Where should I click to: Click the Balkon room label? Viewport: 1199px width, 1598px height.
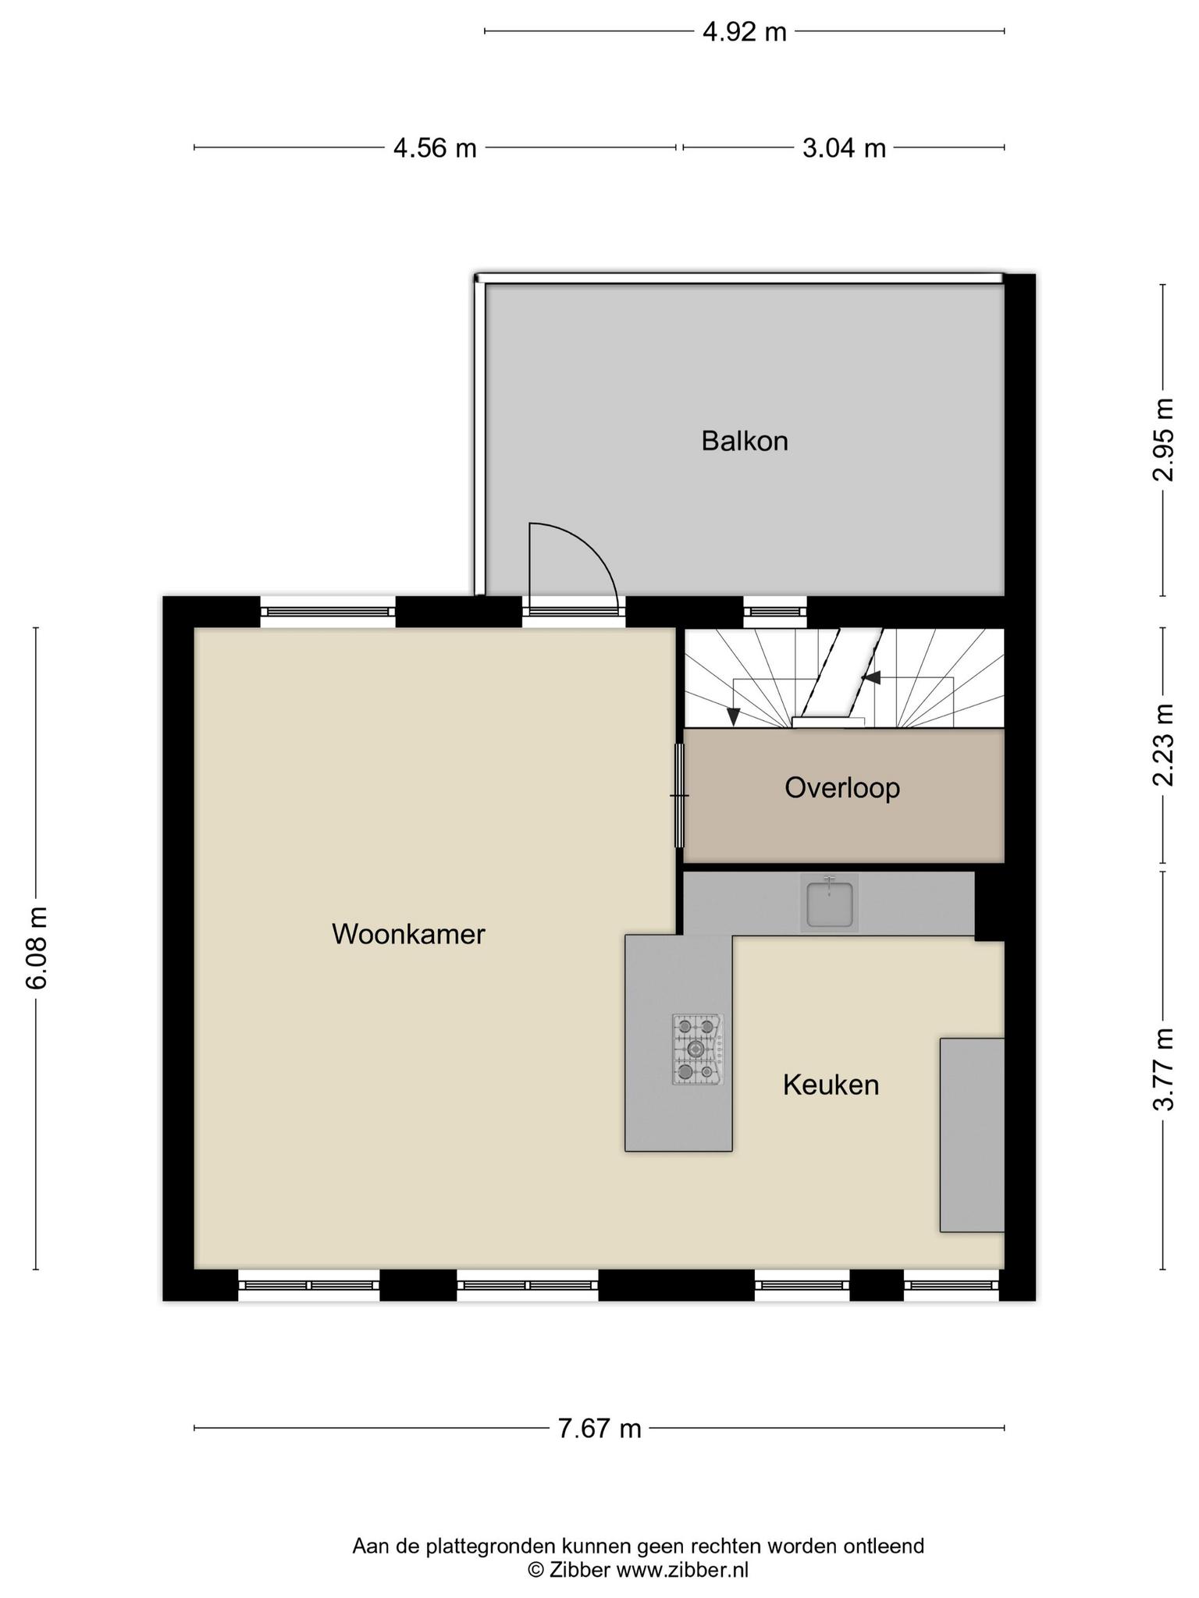[744, 442]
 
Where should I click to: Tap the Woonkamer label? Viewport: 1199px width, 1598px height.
[408, 934]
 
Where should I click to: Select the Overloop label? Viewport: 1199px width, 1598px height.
[842, 788]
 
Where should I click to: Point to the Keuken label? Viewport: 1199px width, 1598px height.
[831, 1085]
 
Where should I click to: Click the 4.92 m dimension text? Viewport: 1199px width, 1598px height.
[745, 32]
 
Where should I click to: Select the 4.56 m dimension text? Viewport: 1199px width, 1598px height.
[435, 147]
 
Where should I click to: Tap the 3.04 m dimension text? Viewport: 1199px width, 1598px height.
[845, 147]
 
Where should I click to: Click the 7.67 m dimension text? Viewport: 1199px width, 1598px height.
[599, 1429]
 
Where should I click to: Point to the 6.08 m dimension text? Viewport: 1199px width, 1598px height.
[37, 948]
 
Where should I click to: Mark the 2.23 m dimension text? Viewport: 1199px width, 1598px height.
[1164, 745]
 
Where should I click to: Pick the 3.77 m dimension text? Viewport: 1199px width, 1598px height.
[1164, 1069]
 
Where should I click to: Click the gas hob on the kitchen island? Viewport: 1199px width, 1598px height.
[697, 1049]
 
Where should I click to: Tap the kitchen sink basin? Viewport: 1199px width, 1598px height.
[829, 903]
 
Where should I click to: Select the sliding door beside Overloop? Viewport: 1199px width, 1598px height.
[679, 796]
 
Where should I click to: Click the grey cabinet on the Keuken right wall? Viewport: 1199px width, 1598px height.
[972, 1135]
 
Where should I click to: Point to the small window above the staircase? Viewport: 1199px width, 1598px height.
[774, 612]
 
